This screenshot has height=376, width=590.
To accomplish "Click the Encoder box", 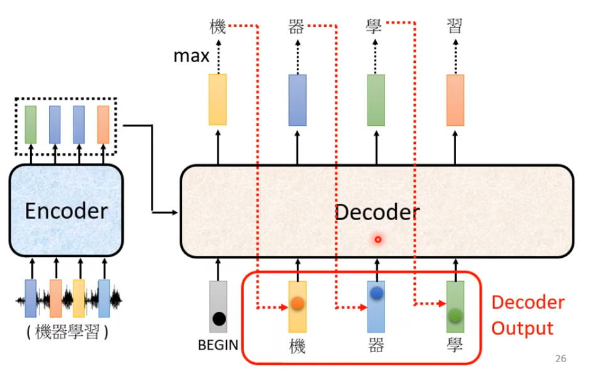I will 66,211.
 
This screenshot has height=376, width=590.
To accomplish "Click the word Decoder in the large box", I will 376,212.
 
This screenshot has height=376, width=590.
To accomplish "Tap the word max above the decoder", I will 192,57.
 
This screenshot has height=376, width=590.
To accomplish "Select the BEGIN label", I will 218,345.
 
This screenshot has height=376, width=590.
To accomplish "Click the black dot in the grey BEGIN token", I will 219,319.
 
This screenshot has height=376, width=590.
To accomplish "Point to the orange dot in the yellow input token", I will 298,303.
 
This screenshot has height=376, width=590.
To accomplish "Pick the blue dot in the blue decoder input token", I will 376,293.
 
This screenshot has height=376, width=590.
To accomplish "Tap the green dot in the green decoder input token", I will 456,314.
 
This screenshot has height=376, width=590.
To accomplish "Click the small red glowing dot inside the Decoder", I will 378,240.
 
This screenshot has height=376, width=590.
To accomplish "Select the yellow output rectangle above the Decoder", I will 217,99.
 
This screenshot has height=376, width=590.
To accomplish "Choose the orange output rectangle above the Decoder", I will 456,99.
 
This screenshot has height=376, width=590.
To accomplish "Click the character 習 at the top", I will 455,26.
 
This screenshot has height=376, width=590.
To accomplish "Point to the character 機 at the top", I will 217,26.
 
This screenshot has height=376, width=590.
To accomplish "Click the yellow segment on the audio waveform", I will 79,298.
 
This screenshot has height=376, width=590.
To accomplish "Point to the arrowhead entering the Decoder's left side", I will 177,211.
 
